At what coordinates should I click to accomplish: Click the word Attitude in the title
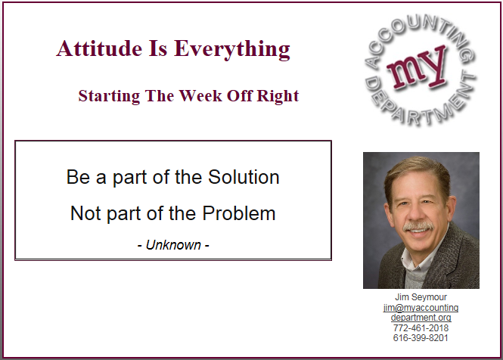tap(99, 48)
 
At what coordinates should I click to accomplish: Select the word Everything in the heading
tap(232, 50)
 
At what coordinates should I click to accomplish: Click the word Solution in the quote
tap(244, 177)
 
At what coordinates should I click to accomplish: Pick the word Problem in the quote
tap(239, 213)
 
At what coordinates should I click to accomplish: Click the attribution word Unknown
tap(173, 245)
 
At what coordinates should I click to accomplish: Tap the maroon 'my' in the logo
tap(416, 69)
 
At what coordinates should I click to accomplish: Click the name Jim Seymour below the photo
tap(421, 297)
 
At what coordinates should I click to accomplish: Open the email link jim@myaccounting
tap(421, 308)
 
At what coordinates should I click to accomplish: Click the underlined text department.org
tap(421, 318)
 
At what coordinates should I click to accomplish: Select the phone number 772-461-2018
tap(421, 328)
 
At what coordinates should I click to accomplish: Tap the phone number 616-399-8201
tap(421, 338)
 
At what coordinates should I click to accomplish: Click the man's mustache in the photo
tap(418, 227)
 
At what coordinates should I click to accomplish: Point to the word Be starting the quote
tap(78, 177)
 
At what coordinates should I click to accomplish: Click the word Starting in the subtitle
tap(109, 96)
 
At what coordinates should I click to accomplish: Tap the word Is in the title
tap(158, 48)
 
